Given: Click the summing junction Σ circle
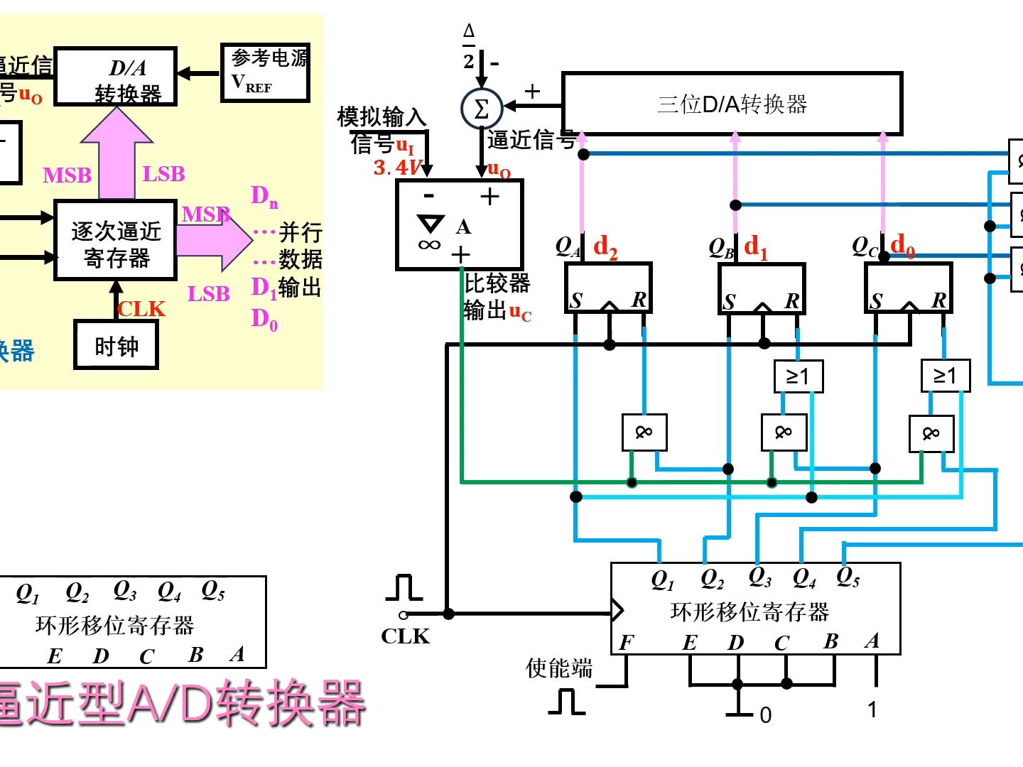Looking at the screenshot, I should (x=482, y=109).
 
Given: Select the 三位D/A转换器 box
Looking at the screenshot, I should (x=732, y=104).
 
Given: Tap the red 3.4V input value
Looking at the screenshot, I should (x=397, y=168).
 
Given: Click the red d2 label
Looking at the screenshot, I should (x=605, y=247).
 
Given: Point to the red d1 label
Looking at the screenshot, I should (x=756, y=247).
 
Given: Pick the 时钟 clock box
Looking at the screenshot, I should (x=117, y=346).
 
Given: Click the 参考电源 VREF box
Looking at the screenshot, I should (x=265, y=72).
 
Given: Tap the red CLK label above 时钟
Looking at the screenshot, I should (x=141, y=309).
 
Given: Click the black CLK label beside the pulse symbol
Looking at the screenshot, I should (x=405, y=636).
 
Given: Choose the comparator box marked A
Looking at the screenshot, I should (x=460, y=225).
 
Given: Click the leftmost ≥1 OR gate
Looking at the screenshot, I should (x=798, y=376).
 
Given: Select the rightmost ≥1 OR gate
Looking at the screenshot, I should (x=945, y=376).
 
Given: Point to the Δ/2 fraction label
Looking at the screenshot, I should (x=469, y=46).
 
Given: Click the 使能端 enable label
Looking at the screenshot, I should (x=559, y=668).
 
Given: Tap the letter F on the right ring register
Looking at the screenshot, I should (x=625, y=643).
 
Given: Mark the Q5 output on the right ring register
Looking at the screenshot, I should (x=848, y=577).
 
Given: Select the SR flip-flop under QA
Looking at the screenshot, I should (x=608, y=288).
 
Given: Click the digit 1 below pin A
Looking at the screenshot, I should (x=872, y=709).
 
